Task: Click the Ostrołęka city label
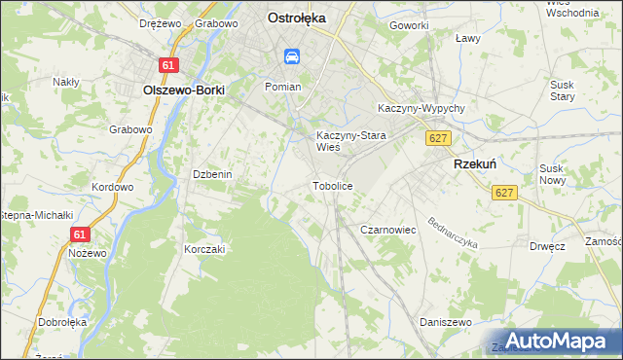[296, 18]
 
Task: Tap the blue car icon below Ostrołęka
[291, 57]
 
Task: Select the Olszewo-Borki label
[183, 90]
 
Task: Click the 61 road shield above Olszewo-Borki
[170, 65]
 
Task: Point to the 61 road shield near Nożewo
[81, 234]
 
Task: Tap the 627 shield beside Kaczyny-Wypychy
[438, 139]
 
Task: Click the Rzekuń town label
[476, 165]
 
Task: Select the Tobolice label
[331, 185]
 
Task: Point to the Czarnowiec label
[388, 230]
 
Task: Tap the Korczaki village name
[204, 249]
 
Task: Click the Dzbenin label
[211, 174]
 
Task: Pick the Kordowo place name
[111, 187]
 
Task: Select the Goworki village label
[409, 24]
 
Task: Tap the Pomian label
[283, 87]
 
